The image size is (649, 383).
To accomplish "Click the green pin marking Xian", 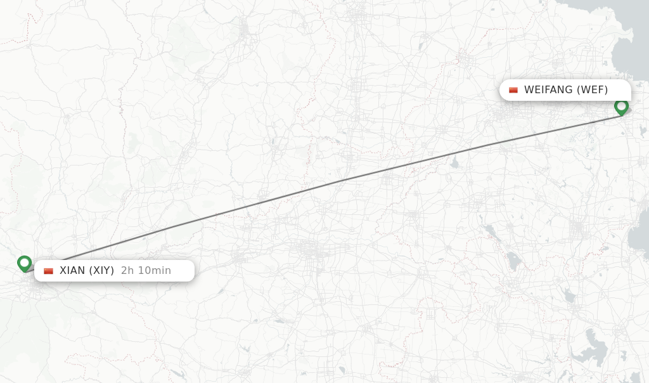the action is pyautogui.click(x=24, y=263).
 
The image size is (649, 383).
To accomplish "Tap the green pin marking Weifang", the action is pyautogui.click(x=621, y=107).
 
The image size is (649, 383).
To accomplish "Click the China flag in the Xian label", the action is pyautogui.click(x=48, y=271).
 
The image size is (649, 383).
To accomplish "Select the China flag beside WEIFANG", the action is pyautogui.click(x=513, y=90).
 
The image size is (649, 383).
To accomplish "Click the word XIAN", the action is pyautogui.click(x=72, y=271).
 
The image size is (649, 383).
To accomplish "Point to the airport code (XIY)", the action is pyautogui.click(x=101, y=271).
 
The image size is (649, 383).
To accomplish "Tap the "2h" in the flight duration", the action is pyautogui.click(x=127, y=271).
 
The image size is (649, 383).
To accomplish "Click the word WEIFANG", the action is pyautogui.click(x=549, y=90).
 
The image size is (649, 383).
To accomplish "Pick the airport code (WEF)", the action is pyautogui.click(x=593, y=90).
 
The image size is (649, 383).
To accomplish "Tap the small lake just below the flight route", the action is pyautogui.click(x=454, y=163).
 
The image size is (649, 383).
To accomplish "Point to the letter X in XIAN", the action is pyautogui.click(x=63, y=271).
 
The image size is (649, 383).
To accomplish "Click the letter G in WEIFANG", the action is pyautogui.click(x=570, y=90).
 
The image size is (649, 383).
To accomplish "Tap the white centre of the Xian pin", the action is pyautogui.click(x=24, y=261).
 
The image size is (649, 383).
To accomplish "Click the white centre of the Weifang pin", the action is pyautogui.click(x=621, y=105).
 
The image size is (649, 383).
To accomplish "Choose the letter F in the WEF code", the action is pyautogui.click(x=600, y=90).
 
